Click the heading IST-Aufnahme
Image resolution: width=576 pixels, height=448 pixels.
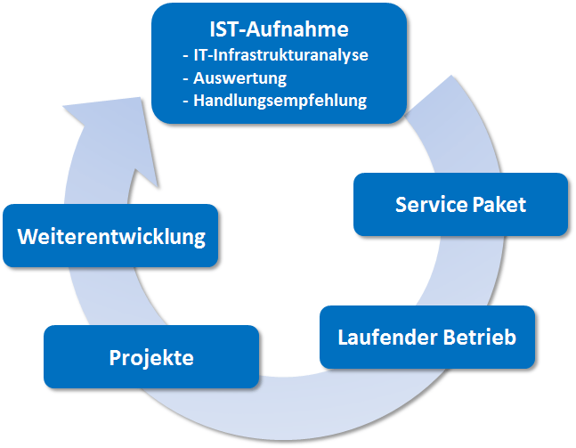coord(280,29)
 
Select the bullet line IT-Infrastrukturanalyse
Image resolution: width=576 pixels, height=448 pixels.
coord(280,54)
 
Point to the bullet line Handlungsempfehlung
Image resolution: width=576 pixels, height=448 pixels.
coord(280,101)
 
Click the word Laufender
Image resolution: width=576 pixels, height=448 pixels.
coord(385,338)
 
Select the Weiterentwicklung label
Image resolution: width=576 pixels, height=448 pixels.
coord(111,237)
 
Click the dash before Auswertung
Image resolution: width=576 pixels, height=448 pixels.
coord(184,78)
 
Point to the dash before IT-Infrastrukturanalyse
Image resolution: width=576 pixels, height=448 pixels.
coord(184,55)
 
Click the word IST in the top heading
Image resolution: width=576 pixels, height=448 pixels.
coord(226,29)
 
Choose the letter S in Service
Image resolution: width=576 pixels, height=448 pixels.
coord(402,205)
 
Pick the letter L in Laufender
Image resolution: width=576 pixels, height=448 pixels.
coord(344,338)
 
